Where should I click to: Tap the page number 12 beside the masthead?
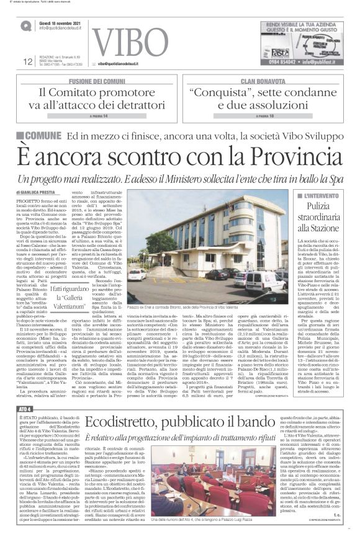pyautogui.click(x=27, y=61)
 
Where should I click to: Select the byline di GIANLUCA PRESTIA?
pyautogui.click(x=41, y=193)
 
